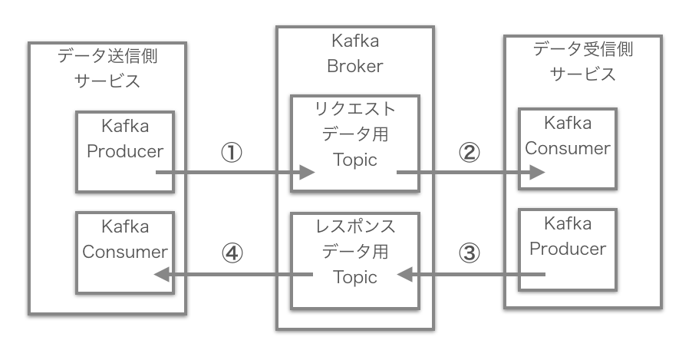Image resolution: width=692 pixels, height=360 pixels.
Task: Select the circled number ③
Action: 469,253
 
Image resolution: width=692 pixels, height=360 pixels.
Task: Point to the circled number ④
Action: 232,253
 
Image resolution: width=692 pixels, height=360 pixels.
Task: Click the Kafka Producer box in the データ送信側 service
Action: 125,150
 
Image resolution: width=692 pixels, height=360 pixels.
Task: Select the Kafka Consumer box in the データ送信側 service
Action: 125,253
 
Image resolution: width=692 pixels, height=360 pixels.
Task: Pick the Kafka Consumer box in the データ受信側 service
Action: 567,147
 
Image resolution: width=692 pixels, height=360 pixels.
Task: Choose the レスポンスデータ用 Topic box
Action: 354,255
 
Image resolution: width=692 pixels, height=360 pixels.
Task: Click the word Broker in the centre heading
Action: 354,66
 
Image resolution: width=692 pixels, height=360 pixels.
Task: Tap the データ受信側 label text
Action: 583,51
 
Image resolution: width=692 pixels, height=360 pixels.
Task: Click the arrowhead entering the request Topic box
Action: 308,173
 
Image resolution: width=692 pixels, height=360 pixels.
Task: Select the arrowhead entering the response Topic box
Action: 404,274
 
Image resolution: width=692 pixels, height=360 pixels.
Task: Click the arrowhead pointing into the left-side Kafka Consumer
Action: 162,274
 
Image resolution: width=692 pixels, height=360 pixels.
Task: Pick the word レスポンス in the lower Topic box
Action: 354,226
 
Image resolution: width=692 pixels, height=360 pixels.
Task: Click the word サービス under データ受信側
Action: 583,74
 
